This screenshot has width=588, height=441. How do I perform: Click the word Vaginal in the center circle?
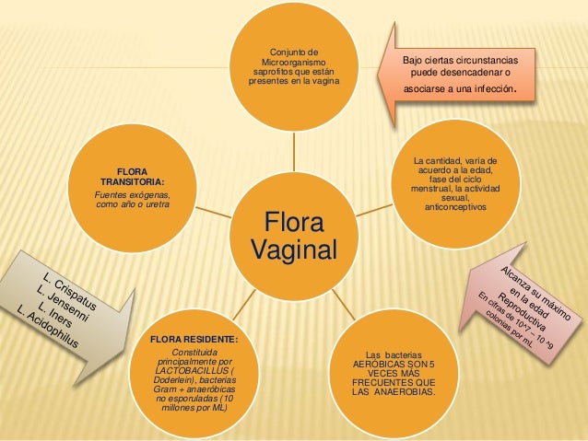(x=295, y=250)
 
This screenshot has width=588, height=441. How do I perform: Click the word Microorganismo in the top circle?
(x=294, y=61)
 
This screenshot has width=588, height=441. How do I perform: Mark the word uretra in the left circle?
(x=156, y=203)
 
